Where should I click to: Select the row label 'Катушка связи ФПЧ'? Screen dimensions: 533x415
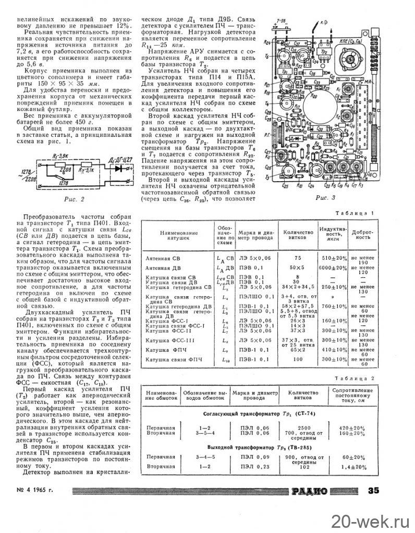169,360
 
